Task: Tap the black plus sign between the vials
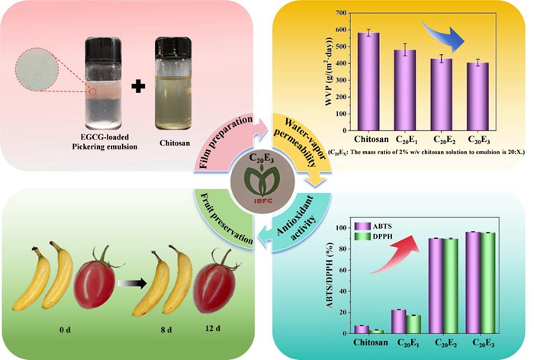coord(137,85)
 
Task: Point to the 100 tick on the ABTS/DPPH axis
coord(339,227)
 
